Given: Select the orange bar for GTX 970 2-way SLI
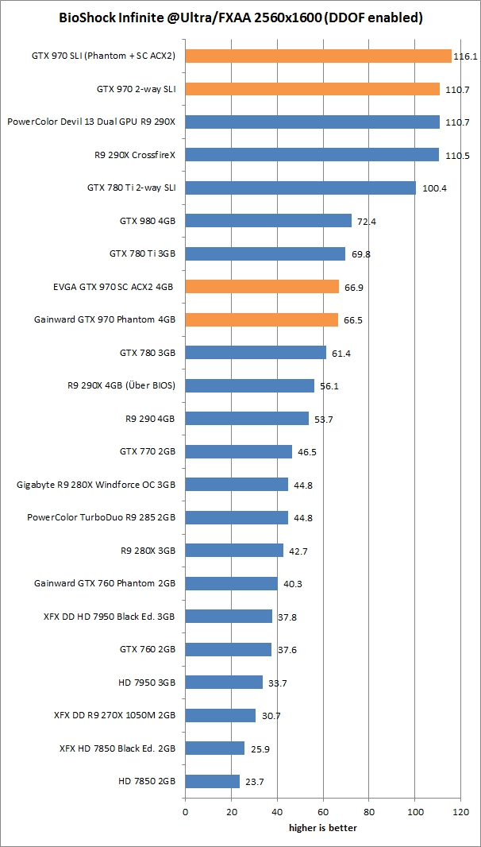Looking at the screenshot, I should click(x=312, y=89).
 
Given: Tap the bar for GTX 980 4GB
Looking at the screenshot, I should click(x=268, y=221).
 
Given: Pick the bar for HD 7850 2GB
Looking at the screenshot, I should click(x=212, y=781).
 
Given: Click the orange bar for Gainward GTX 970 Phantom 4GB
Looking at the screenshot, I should click(x=262, y=319).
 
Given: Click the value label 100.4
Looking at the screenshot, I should click(x=434, y=188).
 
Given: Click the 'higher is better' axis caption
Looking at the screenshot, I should click(x=322, y=828).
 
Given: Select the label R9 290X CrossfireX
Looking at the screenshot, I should click(x=134, y=155).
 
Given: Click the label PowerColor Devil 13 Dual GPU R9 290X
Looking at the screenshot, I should click(x=91, y=122).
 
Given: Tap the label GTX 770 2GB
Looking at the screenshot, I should click(x=147, y=451).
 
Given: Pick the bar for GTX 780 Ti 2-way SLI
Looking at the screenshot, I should click(x=300, y=188).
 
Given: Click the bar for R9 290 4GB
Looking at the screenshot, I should click(x=247, y=418).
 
